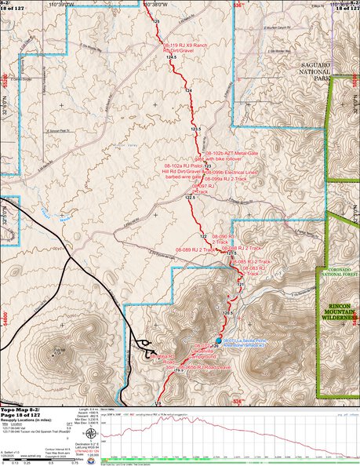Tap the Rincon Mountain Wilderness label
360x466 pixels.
point(338,312)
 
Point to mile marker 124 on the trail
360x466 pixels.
point(188,92)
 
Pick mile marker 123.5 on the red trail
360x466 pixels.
point(196,129)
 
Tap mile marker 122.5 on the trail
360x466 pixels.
point(189,198)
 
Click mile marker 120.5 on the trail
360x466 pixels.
point(228,313)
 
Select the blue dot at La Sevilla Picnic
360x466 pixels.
point(218,340)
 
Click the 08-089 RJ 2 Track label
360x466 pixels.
point(195,249)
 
